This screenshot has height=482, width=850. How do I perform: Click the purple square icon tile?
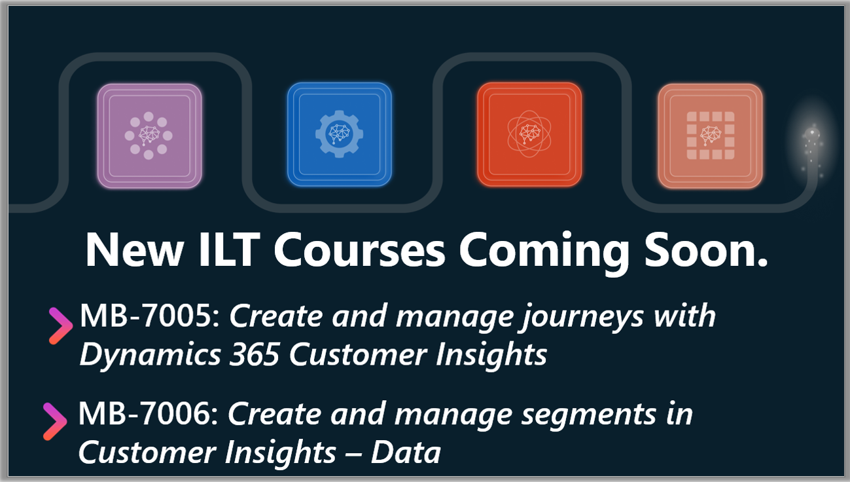point(149,136)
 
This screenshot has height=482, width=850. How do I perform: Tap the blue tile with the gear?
point(339,135)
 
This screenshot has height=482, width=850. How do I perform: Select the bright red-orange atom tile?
point(529,135)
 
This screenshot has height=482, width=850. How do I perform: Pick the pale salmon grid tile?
point(710,136)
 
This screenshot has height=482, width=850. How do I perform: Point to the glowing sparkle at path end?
point(813,141)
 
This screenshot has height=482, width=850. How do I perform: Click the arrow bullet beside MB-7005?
point(61,325)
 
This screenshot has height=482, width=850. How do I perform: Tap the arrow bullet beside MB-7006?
point(55,422)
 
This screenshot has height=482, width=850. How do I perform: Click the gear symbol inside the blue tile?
point(339,135)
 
